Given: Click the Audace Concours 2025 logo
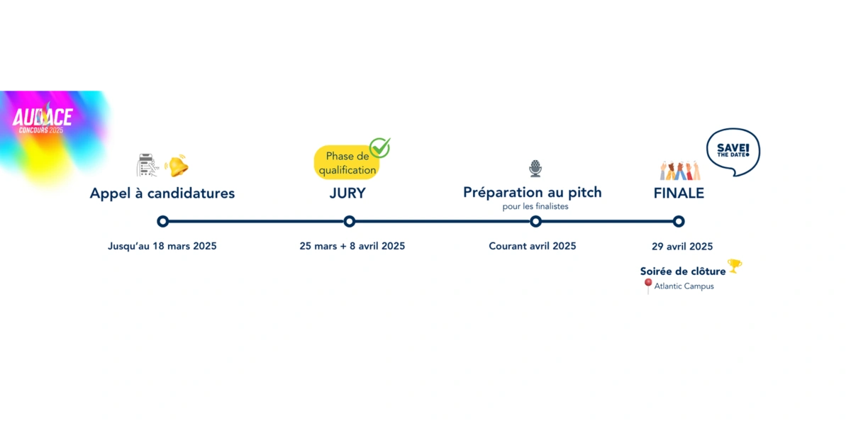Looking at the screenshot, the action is (x=42, y=119).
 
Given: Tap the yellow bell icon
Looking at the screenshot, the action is (x=177, y=166).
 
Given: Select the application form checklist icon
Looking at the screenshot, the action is (x=148, y=165).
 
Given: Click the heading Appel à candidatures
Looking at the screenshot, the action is (x=162, y=193).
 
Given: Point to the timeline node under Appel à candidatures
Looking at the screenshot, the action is (x=162, y=221).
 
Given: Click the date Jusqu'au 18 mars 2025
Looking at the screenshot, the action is (x=162, y=246).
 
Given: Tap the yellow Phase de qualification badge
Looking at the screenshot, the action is (x=347, y=162).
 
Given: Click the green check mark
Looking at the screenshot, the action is (x=380, y=147).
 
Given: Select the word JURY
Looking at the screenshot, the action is (x=347, y=193).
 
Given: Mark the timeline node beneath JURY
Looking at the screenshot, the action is (x=350, y=221).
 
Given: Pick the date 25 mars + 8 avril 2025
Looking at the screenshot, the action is (x=352, y=246).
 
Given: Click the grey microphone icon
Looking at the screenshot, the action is (x=535, y=168).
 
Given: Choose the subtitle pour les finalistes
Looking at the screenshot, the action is (x=535, y=206).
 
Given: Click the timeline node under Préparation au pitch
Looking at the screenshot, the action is (x=535, y=221).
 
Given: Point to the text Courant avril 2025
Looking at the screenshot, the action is (x=533, y=246).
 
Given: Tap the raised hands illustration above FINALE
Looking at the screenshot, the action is (x=680, y=170).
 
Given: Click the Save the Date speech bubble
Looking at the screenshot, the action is (x=733, y=152).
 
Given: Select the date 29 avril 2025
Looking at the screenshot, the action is (x=682, y=247).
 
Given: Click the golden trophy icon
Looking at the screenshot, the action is (x=735, y=265).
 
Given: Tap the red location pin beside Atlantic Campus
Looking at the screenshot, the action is (x=648, y=285).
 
